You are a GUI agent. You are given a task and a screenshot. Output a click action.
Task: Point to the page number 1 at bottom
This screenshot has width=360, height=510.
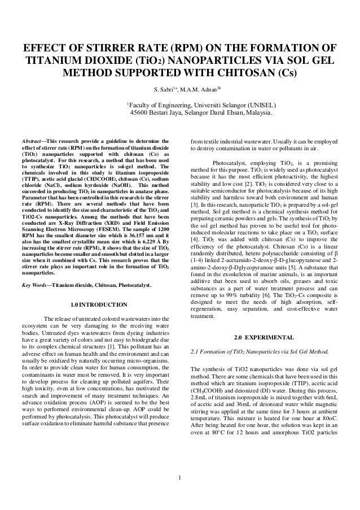pos(179,481)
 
